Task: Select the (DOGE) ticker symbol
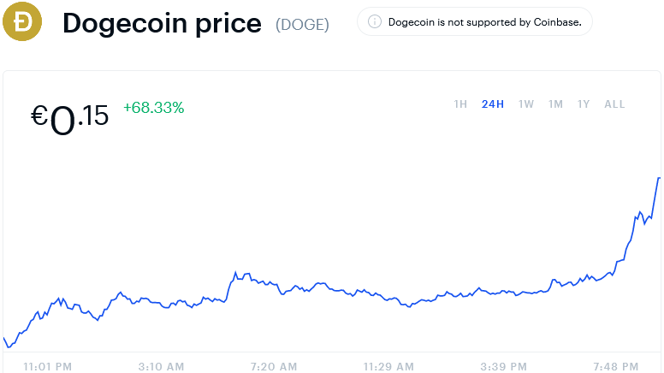point(302,24)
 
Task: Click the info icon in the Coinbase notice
point(375,22)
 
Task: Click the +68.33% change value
point(154,108)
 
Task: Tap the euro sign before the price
point(39,115)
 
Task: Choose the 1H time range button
point(460,104)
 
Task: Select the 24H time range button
point(493,104)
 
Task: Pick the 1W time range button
point(526,104)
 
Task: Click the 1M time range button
point(555,104)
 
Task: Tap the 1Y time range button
point(584,104)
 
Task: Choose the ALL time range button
point(614,104)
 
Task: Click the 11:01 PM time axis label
point(48,366)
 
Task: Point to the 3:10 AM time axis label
point(161,366)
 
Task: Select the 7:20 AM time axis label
point(274,366)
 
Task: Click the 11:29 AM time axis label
point(389,366)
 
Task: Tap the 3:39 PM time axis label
point(504,366)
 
